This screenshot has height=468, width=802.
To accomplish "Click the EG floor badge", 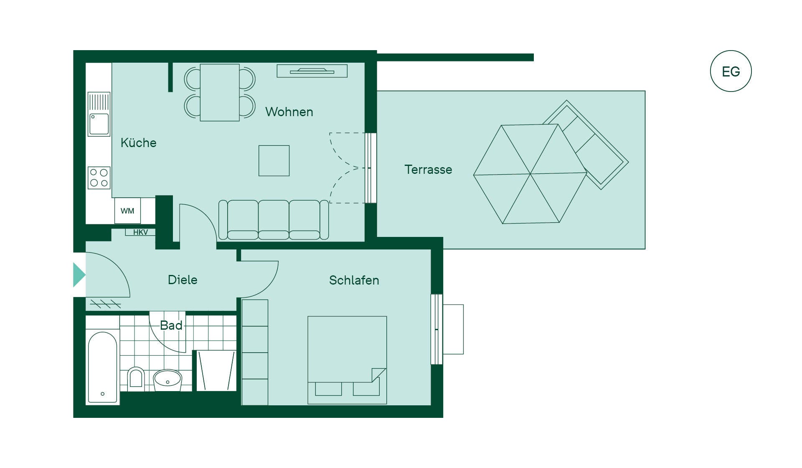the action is pyautogui.click(x=731, y=71).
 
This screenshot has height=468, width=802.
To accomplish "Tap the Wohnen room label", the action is pyautogui.click(x=289, y=112).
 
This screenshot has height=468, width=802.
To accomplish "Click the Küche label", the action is pyautogui.click(x=138, y=143).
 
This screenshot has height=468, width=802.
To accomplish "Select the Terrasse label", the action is pyautogui.click(x=428, y=170).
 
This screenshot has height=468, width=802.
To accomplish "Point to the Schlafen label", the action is pyautogui.click(x=354, y=280).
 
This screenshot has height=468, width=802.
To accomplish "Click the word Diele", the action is pyautogui.click(x=183, y=280).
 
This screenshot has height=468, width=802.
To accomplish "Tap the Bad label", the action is pyautogui.click(x=171, y=326).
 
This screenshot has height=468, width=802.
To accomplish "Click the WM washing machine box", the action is pyautogui.click(x=127, y=211).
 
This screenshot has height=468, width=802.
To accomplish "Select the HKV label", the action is pyautogui.click(x=140, y=232).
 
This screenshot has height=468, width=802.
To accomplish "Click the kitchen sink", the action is pyautogui.click(x=99, y=114).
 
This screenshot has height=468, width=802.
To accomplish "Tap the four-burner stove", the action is pyautogui.click(x=99, y=178).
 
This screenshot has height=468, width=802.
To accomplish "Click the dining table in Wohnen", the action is pyautogui.click(x=220, y=92).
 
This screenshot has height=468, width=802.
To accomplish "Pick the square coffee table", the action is pyautogui.click(x=274, y=160).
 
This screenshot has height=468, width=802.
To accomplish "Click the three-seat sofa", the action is pyautogui.click(x=274, y=220).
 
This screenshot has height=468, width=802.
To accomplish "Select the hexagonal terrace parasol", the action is pyautogui.click(x=530, y=174).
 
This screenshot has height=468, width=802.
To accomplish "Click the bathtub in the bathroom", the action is pyautogui.click(x=103, y=367).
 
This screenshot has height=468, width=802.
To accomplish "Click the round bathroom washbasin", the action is pyautogui.click(x=168, y=379).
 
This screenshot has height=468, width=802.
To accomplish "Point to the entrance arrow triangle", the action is pyautogui.click(x=79, y=275).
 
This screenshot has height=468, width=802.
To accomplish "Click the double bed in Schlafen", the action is pyautogui.click(x=347, y=360).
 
